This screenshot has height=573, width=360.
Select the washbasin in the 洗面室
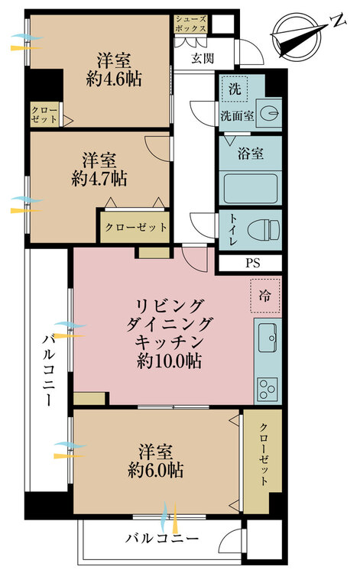(268, 112)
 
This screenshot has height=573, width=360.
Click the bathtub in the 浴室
(251, 189)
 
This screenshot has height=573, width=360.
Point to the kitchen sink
(268, 338)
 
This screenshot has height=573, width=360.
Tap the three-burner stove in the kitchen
(268, 389)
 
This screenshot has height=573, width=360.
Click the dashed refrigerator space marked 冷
(265, 295)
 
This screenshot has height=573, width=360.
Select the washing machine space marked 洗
(235, 88)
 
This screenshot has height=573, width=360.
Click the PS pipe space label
(252, 263)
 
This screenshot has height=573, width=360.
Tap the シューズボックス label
(191, 24)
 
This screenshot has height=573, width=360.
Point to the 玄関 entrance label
(203, 58)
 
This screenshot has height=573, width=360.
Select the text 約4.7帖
(99, 179)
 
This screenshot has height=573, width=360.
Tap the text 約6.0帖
(156, 470)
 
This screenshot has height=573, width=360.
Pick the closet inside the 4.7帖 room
(135, 227)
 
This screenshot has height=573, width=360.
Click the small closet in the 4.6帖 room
(44, 115)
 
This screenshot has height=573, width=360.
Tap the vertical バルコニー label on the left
(48, 371)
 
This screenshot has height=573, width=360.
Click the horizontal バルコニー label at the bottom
(162, 539)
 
